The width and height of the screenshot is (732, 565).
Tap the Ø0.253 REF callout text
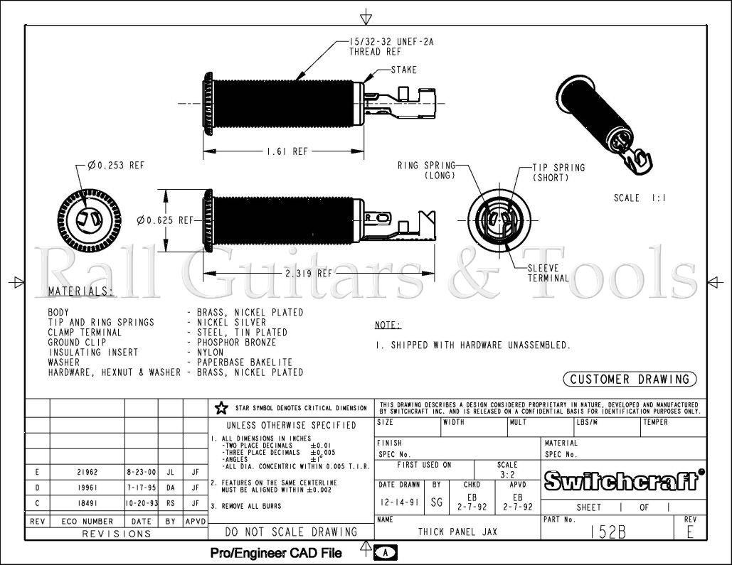point(116,166)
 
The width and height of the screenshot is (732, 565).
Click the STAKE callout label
point(404,70)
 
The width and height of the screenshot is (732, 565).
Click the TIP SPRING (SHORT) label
point(558,173)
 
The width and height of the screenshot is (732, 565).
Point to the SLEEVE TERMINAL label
point(548,274)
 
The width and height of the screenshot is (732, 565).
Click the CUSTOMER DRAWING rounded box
point(630,380)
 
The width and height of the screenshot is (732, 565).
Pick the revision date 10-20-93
point(141,504)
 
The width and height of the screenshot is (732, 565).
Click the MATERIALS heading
point(80,291)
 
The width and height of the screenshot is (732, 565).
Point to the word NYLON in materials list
point(205,352)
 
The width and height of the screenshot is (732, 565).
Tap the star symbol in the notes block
point(221,408)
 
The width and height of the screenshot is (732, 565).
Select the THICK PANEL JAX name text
point(457,532)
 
